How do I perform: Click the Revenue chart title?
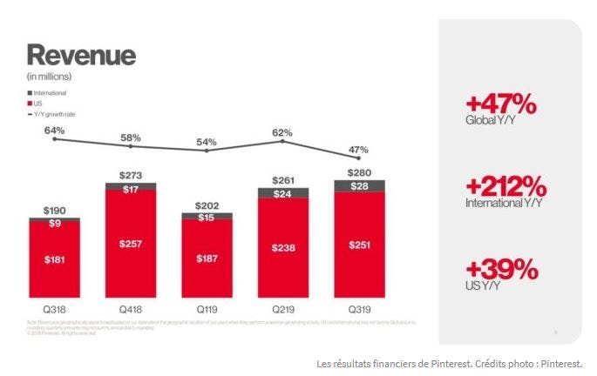[x=81, y=55]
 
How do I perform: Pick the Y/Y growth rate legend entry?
[x=54, y=112]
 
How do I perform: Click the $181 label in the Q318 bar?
[x=55, y=258]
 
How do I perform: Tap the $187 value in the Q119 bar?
[x=207, y=258]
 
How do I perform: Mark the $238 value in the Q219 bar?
[x=282, y=247]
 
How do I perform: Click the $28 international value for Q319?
[x=358, y=186]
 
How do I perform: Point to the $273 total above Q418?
[x=131, y=176]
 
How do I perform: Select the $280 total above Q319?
[x=358, y=172]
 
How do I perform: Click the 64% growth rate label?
[x=55, y=131]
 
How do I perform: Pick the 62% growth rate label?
[x=282, y=133]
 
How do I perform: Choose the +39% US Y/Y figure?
[x=501, y=269]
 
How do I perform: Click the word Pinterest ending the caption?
[x=557, y=363]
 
